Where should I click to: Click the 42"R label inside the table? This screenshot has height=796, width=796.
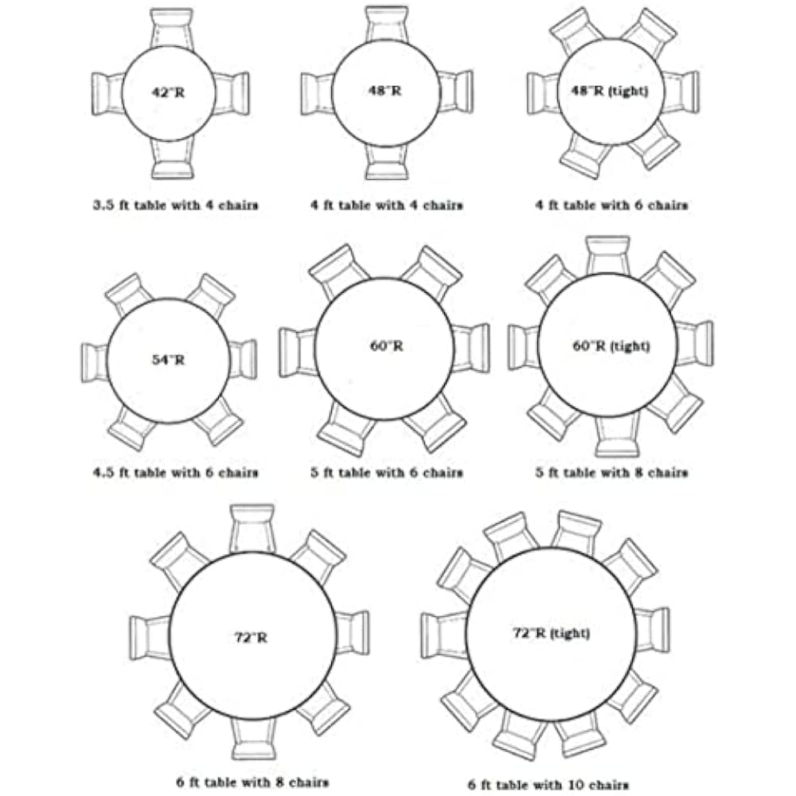click(168, 92)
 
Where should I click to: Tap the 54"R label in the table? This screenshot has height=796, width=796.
click(168, 360)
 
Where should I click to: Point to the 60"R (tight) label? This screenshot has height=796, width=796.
click(611, 346)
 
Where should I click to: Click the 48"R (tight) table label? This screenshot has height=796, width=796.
click(611, 91)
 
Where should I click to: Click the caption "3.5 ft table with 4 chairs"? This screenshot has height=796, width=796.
click(174, 205)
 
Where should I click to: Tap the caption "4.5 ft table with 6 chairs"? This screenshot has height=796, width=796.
click(174, 472)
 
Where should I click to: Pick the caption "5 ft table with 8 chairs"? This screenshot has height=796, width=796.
click(611, 472)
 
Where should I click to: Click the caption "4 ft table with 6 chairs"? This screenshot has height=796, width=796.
click(611, 205)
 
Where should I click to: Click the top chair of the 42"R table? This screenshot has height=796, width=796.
click(171, 28)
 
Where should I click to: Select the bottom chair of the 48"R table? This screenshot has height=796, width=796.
click(387, 162)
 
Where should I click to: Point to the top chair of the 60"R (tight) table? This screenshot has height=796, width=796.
click(607, 255)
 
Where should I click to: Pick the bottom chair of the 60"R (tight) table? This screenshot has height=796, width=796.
click(617, 436)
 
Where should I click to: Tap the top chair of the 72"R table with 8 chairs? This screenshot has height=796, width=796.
click(252, 527)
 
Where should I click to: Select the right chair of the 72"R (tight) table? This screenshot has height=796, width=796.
click(653, 630)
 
